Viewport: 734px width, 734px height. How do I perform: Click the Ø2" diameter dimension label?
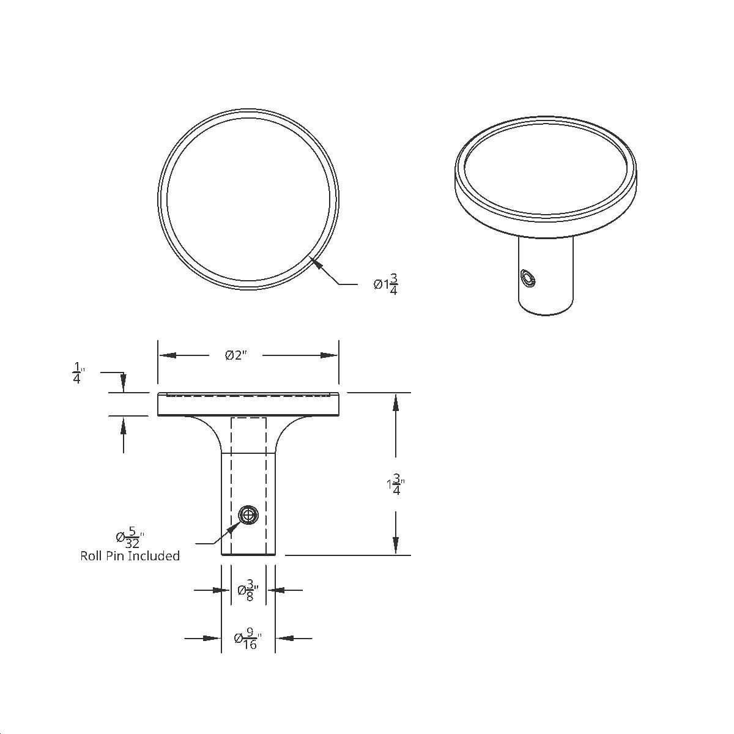[x=235, y=355]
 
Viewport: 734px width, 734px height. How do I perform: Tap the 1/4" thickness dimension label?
[x=78, y=373]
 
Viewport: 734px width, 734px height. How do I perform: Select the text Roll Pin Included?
[x=130, y=556]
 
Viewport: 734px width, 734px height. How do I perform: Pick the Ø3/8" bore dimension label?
[x=248, y=590]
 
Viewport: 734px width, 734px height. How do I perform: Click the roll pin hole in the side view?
[x=248, y=515]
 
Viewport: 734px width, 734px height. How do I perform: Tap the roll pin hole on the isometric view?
[x=527, y=279]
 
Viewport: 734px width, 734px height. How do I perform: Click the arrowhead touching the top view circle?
[x=315, y=262]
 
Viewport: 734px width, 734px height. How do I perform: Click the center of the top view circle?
[x=248, y=199]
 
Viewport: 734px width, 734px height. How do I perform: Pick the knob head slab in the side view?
[x=248, y=405]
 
